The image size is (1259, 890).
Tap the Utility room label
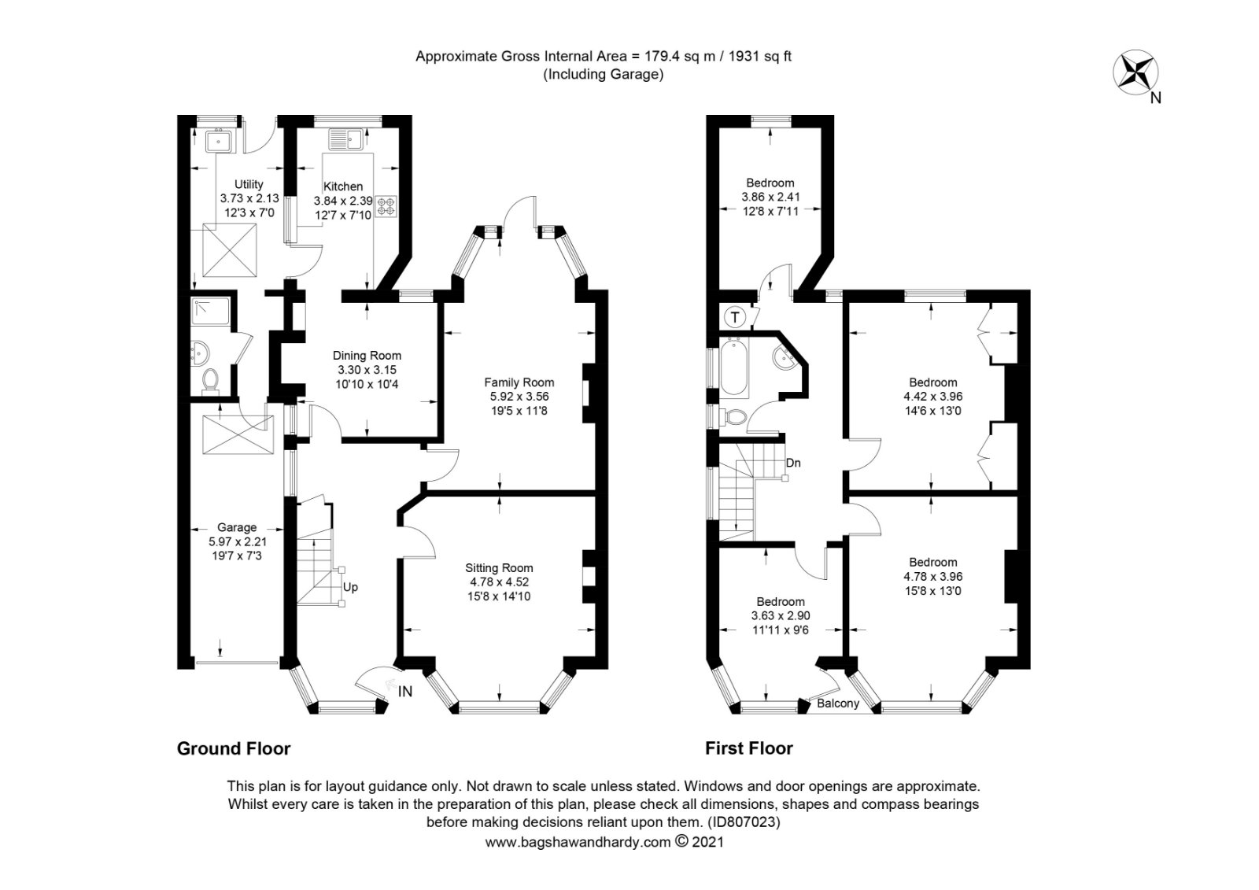point(249,185)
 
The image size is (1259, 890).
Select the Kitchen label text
point(344,186)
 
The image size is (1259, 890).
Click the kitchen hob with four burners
point(386,206)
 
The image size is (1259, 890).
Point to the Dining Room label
point(367,356)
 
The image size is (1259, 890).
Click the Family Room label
point(519,383)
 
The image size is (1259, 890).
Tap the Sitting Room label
point(499,567)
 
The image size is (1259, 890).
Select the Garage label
point(237,527)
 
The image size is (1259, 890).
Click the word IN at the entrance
point(405,692)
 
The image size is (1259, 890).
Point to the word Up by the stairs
point(350,587)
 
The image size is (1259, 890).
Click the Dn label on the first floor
point(793,463)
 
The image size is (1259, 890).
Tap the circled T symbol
point(735,318)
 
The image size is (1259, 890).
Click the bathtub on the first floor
point(732,366)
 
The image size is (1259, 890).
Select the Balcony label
point(838,704)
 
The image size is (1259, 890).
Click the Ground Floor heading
point(234,748)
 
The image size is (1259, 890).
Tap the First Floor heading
point(748,748)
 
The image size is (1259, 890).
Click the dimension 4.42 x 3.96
point(932,397)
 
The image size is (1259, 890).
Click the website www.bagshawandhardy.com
point(577,842)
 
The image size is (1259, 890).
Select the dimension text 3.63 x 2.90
point(781,615)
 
